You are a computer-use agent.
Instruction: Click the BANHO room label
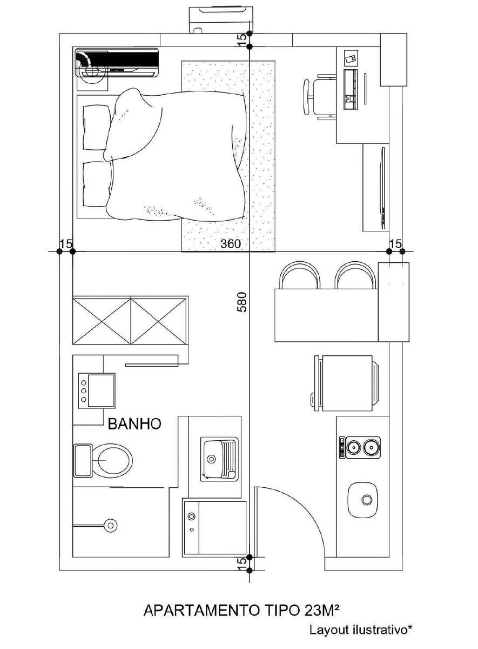tap(134, 424)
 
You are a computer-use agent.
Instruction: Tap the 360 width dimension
tap(231, 244)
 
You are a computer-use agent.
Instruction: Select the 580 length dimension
tap(242, 302)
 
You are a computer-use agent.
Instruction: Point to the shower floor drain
tap(110, 525)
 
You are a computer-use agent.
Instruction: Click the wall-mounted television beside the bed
tap(383, 188)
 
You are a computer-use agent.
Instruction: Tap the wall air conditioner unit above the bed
tap(117, 63)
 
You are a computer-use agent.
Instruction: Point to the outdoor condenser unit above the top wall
tap(221, 19)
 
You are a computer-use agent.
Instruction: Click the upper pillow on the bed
tap(97, 128)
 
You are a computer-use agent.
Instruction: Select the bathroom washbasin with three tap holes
tap(97, 390)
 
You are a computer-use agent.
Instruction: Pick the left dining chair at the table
tap(300, 275)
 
